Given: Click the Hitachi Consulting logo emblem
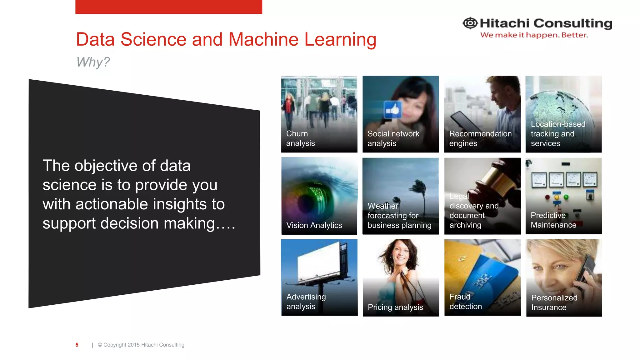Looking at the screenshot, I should pyautogui.click(x=470, y=23).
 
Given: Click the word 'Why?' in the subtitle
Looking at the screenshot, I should pyautogui.click(x=93, y=62).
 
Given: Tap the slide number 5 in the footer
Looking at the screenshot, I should pyautogui.click(x=77, y=345).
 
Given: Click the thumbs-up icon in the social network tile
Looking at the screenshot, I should pyautogui.click(x=392, y=110).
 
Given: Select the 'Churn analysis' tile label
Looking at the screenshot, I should pyautogui.click(x=300, y=138).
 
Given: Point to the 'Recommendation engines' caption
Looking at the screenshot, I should pyautogui.click(x=480, y=138).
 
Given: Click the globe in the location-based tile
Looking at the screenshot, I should pyautogui.click(x=559, y=106).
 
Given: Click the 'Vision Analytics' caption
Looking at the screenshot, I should pyautogui.click(x=314, y=225).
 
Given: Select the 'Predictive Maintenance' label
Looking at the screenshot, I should pyautogui.click(x=553, y=220).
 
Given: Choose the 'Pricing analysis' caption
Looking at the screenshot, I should pyautogui.click(x=395, y=307).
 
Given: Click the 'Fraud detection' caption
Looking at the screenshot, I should pyautogui.click(x=466, y=302).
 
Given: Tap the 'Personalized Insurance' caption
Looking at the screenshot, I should pyautogui.click(x=554, y=302).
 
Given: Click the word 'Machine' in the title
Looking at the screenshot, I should pyautogui.click(x=263, y=40).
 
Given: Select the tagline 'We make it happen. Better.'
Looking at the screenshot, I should pyautogui.click(x=534, y=35).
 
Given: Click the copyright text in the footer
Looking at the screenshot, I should pyautogui.click(x=141, y=345).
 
